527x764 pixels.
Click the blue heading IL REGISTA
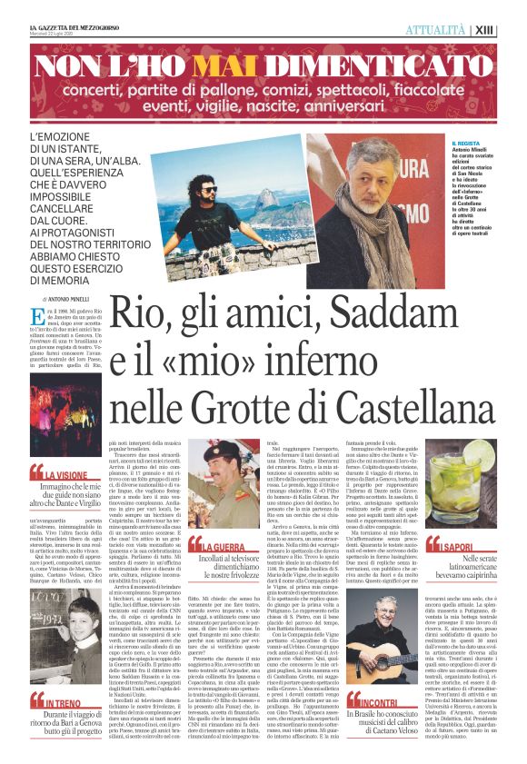click(466, 144)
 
